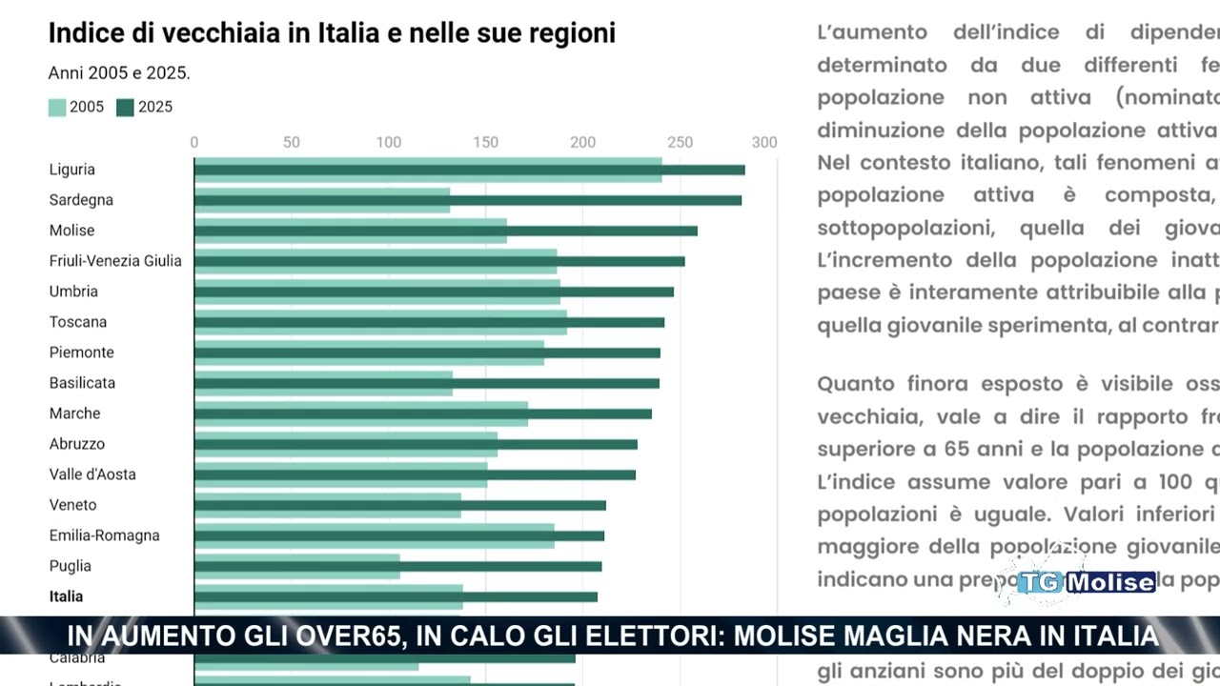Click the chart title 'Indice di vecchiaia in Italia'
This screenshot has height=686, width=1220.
click(x=332, y=33)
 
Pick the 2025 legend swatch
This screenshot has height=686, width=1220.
click(x=125, y=108)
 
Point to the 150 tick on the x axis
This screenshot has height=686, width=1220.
click(x=486, y=143)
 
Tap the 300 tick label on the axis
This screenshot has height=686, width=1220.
click(x=764, y=143)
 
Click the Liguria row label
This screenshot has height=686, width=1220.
click(x=72, y=170)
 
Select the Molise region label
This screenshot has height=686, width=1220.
click(x=72, y=231)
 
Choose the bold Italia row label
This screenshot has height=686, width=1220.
click(x=67, y=596)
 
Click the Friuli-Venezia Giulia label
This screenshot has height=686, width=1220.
click(x=115, y=261)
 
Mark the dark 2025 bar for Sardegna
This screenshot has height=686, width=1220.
click(x=467, y=200)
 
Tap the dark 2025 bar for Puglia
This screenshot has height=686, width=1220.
click(x=397, y=566)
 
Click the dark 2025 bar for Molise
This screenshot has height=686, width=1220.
click(x=445, y=231)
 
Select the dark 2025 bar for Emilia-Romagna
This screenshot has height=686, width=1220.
click(x=398, y=535)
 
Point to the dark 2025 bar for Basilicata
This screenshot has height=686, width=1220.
click(x=426, y=383)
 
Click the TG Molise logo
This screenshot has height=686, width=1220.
click(x=1087, y=582)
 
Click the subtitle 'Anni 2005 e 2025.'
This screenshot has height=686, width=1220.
click(x=119, y=73)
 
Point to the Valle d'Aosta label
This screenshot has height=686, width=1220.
click(x=92, y=474)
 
